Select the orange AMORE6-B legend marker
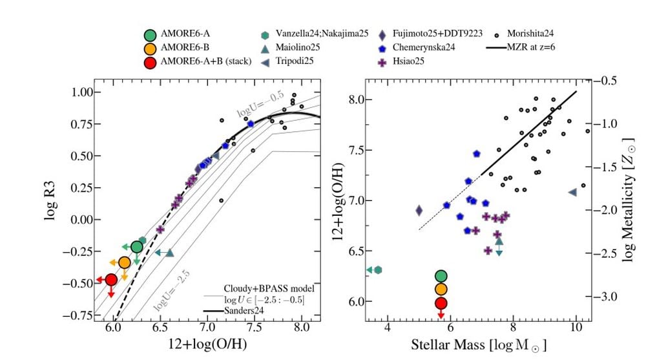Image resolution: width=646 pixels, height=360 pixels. point(150,48)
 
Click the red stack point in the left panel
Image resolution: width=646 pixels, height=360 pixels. point(111,280)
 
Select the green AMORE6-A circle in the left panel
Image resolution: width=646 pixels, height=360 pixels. point(136,247)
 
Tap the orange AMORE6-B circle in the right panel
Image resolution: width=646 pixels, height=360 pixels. point(441,289)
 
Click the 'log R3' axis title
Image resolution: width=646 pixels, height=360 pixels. point(51,202)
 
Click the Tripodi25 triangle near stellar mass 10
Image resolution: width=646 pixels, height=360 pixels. point(572,193)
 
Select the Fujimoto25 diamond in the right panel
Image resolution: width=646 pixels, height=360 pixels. point(419,210)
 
